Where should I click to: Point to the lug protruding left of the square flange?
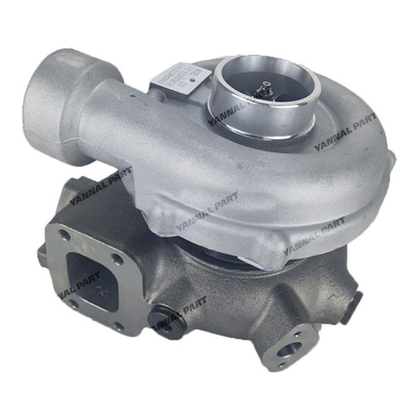coord(42,254)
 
